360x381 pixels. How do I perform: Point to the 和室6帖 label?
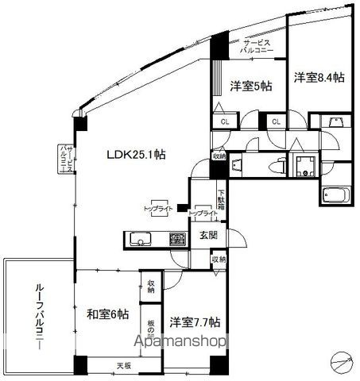pos(107,313)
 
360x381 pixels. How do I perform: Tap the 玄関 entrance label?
pos(208,235)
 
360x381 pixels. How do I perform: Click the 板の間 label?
pos(150,325)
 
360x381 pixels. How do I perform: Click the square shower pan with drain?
pos(304,166)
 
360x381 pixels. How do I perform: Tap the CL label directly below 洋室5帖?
pos(225,122)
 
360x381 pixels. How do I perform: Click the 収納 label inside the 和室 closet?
pos(150,285)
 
